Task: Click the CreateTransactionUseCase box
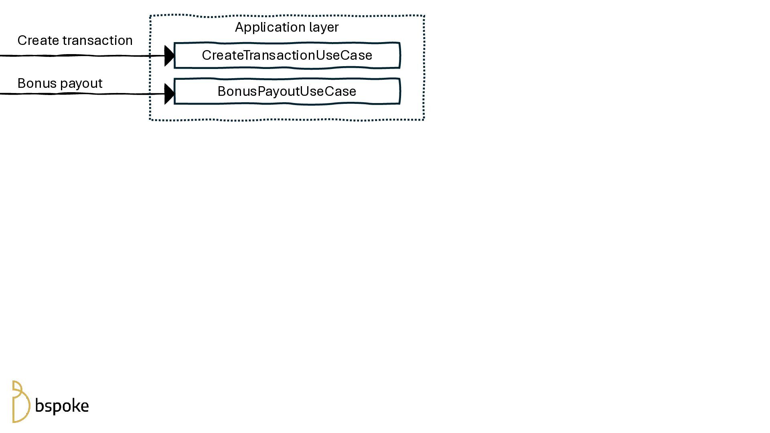[287, 55]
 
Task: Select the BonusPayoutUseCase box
[287, 91]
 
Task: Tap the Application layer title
[287, 27]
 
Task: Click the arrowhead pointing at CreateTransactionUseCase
[169, 56]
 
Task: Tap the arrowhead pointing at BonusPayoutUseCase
[169, 94]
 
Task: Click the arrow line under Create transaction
[80, 56]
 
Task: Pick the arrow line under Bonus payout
[80, 94]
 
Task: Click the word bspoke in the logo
[62, 406]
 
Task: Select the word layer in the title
[324, 27]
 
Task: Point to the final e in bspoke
[84, 407]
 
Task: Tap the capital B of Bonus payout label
[22, 83]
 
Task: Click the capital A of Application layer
[239, 27]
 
